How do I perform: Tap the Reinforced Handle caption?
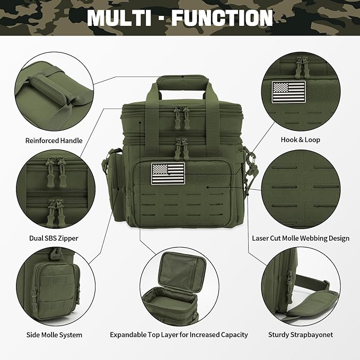(x=54, y=141)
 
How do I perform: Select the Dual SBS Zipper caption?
(x=55, y=238)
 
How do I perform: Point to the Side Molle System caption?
(x=54, y=335)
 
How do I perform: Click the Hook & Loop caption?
(x=300, y=140)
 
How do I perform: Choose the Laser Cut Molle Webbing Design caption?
(x=301, y=238)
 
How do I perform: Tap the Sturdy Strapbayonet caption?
(x=300, y=335)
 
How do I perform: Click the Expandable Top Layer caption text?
(x=179, y=335)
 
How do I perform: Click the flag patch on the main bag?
(x=168, y=173)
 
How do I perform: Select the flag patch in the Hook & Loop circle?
(x=289, y=91)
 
